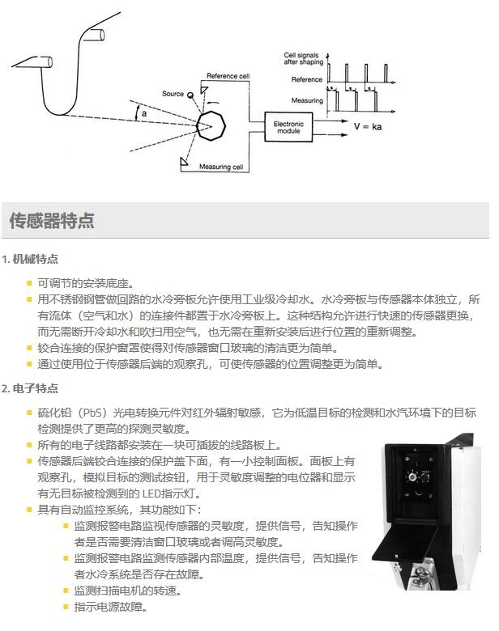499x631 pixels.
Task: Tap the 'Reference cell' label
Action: [229, 76]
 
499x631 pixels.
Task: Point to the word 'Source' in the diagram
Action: [173, 94]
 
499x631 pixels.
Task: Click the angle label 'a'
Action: [144, 115]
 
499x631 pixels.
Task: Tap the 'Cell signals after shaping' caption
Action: [304, 58]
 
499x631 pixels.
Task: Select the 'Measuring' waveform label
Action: [308, 101]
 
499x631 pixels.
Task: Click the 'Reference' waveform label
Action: [307, 80]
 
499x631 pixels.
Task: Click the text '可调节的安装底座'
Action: [85, 284]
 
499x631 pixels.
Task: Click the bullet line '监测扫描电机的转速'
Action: [127, 591]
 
